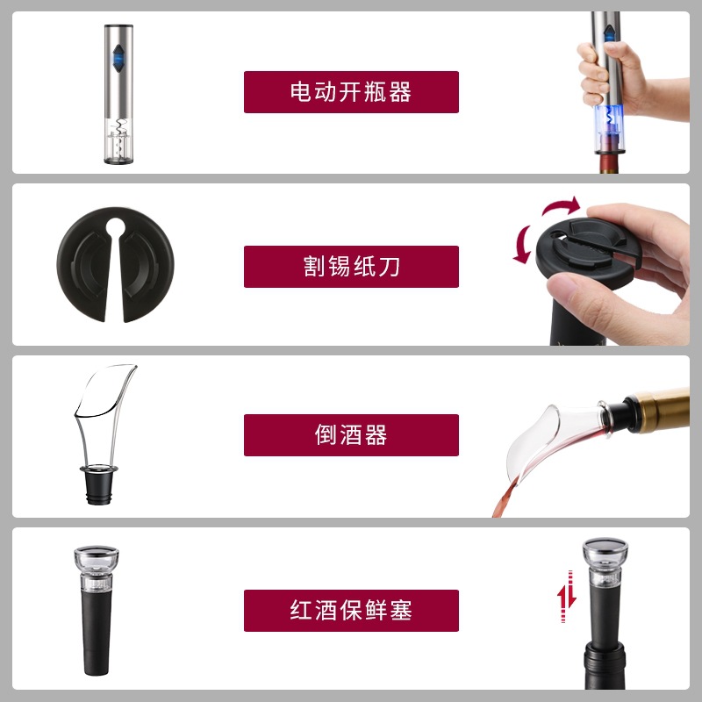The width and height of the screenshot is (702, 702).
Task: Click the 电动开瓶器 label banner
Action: click(351, 91)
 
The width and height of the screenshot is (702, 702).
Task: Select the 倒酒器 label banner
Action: click(351, 435)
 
